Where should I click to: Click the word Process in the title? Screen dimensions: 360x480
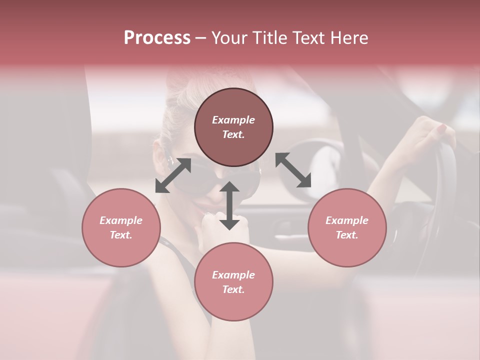(x=157, y=38)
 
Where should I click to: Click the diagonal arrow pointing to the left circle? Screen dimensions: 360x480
(x=173, y=175)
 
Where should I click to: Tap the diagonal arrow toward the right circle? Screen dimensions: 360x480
(x=293, y=170)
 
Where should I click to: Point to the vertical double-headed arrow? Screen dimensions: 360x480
(x=229, y=206)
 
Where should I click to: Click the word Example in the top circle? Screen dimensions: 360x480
(x=233, y=120)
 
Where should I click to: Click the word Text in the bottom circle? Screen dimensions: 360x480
(x=233, y=289)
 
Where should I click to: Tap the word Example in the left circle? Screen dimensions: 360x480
(x=121, y=220)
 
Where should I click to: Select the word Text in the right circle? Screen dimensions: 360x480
(x=346, y=235)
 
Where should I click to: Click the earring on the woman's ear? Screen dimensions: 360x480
(x=170, y=161)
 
